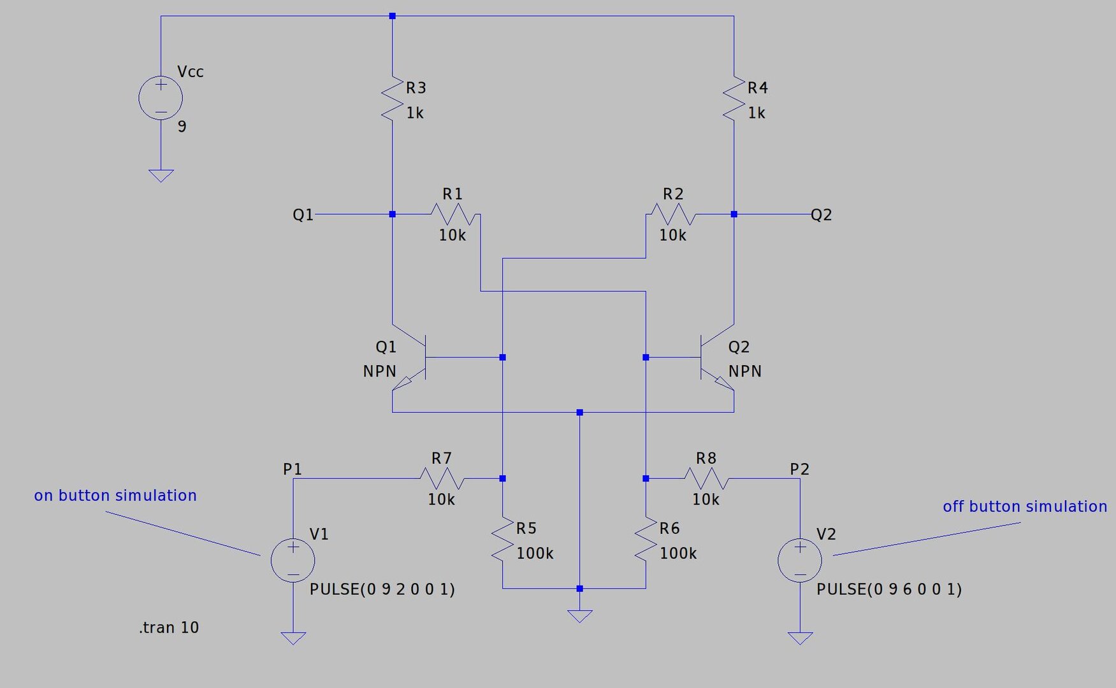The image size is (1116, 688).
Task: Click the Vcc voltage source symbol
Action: tap(161, 97)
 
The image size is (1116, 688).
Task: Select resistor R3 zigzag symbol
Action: tap(392, 98)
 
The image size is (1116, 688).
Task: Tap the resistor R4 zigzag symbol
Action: tap(734, 98)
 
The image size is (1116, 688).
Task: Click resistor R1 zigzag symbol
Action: tap(453, 214)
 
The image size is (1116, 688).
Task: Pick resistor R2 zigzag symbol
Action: tap(673, 214)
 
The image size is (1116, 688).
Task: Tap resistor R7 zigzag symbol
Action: tap(442, 478)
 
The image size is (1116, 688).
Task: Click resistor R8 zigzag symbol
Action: tap(706, 478)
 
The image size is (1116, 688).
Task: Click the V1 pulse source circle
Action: tap(293, 560)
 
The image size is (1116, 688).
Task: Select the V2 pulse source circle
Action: tap(800, 560)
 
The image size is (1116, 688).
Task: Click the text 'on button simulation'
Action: tap(115, 496)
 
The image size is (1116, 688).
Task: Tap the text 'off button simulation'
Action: tap(1024, 506)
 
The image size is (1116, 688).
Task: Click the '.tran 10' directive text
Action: tap(169, 627)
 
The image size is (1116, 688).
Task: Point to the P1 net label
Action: tap(292, 469)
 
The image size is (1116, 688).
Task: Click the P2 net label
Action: tap(799, 469)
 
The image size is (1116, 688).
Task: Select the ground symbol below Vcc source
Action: tap(161, 175)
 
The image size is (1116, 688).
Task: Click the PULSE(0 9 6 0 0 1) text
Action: tap(888, 589)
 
